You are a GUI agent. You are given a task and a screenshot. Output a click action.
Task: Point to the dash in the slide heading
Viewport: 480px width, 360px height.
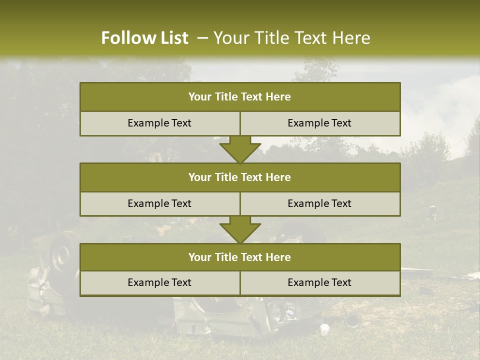202,38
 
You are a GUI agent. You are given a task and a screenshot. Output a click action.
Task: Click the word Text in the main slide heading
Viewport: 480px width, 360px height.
311,38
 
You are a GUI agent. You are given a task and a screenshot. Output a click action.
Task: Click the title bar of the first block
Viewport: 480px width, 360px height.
240,97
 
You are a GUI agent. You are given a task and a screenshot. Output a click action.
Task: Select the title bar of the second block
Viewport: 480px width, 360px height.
240,177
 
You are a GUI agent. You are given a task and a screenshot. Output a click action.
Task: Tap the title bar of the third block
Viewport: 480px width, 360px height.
240,257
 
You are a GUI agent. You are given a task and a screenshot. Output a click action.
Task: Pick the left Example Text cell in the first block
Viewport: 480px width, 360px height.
160,123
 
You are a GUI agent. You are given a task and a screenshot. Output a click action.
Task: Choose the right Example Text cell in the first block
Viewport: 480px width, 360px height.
320,123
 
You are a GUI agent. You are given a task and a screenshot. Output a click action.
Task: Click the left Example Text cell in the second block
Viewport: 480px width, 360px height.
160,203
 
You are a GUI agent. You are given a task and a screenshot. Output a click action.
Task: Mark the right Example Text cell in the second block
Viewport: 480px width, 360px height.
320,203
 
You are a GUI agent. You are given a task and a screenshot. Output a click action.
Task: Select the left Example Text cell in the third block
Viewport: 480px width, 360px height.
160,282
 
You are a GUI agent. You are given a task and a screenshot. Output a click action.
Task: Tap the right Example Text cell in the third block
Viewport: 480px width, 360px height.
320,282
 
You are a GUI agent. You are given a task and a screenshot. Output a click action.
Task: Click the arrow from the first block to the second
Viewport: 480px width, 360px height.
240,149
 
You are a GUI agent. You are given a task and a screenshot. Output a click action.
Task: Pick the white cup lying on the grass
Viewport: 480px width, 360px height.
324,329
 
